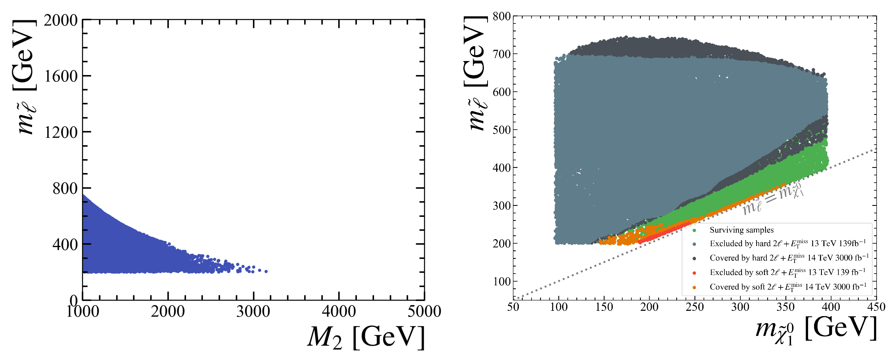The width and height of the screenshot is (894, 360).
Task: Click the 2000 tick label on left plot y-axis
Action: click(x=60, y=21)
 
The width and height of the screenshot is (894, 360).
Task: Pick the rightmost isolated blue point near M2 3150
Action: click(x=266, y=271)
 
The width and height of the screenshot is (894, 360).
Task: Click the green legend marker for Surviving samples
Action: click(x=694, y=230)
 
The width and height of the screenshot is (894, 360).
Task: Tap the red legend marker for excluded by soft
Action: click(x=694, y=273)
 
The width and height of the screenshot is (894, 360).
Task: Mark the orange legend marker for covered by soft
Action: click(x=694, y=287)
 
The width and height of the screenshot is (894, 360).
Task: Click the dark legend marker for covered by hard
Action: click(x=694, y=258)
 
